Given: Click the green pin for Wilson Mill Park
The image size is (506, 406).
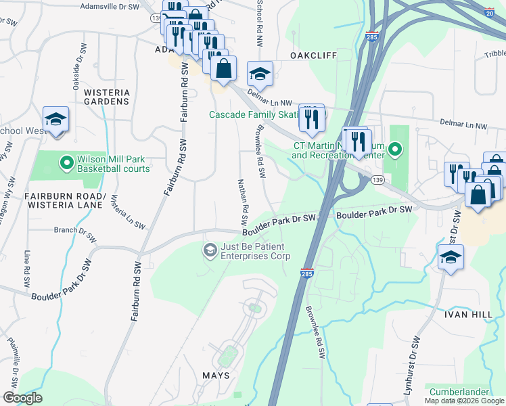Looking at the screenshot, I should pos(66,162).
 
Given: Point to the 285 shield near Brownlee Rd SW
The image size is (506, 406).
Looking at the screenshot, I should pos(306,273).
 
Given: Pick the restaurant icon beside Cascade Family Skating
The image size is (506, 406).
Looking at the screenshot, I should pos(311,118).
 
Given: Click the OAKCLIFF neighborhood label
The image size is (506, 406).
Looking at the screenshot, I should pos(313,55).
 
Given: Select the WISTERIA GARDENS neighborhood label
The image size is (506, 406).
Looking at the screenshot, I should pos(106,95).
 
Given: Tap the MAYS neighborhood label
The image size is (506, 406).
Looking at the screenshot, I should pos(216,375).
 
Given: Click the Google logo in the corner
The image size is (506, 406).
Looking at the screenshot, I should pos(22,398).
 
